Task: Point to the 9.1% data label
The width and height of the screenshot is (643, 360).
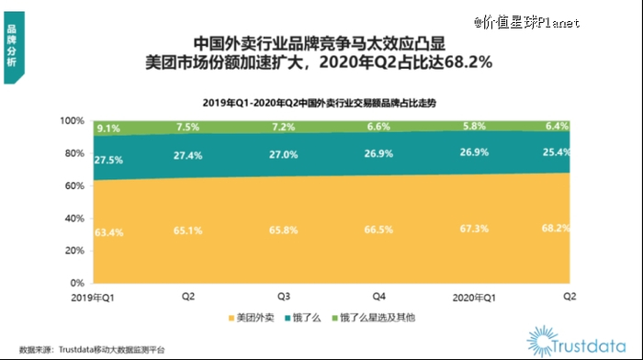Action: click(x=107, y=129)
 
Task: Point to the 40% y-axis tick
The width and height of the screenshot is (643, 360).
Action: click(x=74, y=219)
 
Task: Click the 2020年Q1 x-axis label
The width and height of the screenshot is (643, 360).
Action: click(x=475, y=298)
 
